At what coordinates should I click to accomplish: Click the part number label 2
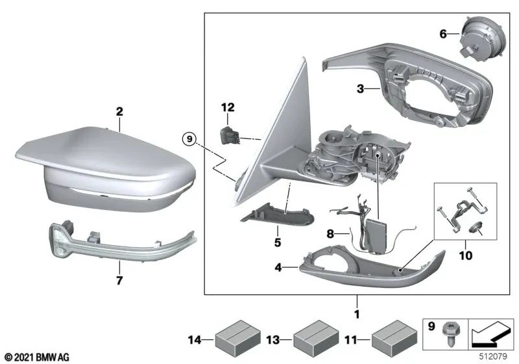coord(119,112)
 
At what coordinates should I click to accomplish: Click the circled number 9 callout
coord(188,138)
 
